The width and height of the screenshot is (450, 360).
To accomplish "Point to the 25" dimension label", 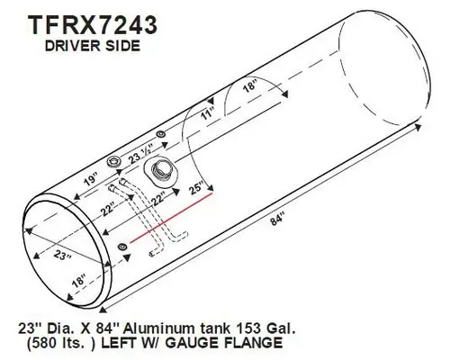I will point(196,190).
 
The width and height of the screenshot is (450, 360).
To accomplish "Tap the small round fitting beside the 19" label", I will point(114,163).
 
